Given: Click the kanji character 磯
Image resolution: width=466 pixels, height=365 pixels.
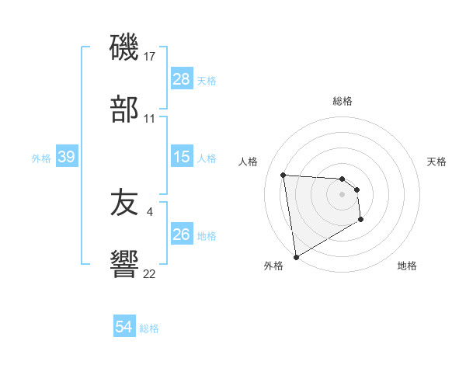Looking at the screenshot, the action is [x=124, y=48].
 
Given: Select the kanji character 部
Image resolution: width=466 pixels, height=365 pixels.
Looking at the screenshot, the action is [x=124, y=109].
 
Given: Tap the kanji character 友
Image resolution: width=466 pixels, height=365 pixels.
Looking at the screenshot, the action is [x=124, y=203].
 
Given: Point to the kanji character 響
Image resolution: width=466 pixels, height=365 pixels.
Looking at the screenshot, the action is [x=124, y=265].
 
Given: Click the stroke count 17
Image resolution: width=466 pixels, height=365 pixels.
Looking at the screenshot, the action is [x=150, y=57].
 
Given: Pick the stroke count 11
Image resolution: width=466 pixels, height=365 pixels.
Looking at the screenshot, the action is [x=150, y=118].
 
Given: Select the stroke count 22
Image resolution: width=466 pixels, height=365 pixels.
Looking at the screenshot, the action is [x=149, y=273].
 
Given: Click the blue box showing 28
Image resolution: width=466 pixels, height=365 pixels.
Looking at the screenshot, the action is [x=181, y=79].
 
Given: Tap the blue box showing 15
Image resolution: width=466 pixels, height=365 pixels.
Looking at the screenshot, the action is [x=181, y=157].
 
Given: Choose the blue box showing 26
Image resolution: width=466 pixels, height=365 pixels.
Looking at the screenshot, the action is [x=181, y=235].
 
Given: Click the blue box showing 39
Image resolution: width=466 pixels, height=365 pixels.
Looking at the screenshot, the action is [x=66, y=157].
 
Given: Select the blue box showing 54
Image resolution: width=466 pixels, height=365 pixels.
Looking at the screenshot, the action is [x=124, y=327].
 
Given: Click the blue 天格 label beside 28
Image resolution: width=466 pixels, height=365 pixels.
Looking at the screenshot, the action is [x=207, y=81].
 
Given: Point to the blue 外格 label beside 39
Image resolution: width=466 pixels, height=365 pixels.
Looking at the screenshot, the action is [x=41, y=158].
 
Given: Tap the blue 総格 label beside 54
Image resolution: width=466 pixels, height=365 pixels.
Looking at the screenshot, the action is [x=149, y=328].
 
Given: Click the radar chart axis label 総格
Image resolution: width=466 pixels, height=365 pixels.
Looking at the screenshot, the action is [x=343, y=101].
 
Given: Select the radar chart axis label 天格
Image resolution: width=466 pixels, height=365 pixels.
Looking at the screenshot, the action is [x=437, y=162].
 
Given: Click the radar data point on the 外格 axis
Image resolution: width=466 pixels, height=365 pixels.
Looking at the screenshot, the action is [x=295, y=255].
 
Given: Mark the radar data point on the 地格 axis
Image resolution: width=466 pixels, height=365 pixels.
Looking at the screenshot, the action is [x=361, y=221].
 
